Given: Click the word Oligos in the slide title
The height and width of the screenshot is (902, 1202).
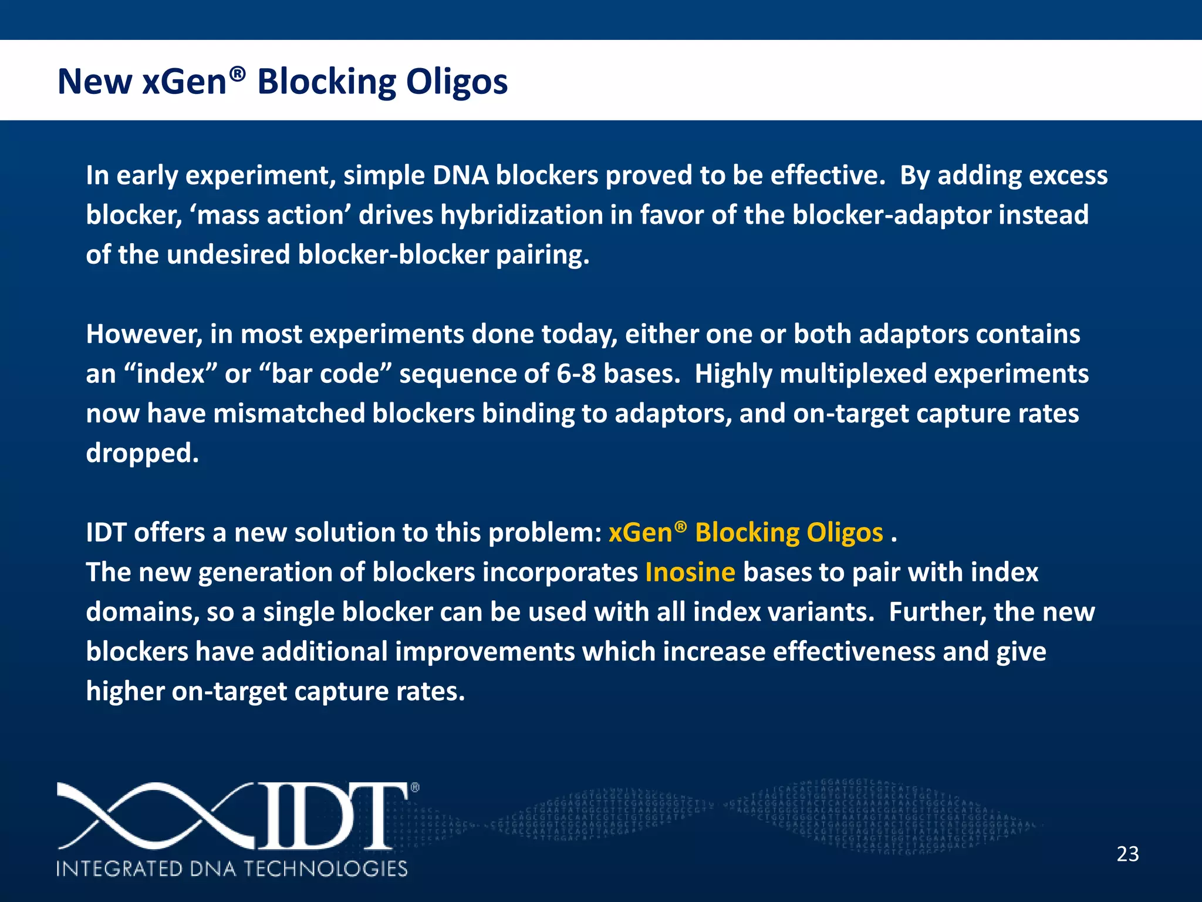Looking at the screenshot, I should (x=457, y=82).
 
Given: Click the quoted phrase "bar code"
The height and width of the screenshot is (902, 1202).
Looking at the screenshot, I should (x=332, y=374).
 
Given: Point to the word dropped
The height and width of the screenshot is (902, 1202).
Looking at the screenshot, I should (x=142, y=453).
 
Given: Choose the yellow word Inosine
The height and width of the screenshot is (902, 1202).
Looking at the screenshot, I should (x=690, y=573).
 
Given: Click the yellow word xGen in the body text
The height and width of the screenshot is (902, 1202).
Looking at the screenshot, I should (x=640, y=533).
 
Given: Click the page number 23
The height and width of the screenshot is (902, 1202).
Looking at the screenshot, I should (x=1127, y=854).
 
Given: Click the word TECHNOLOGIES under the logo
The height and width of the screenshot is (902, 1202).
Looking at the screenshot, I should (x=325, y=869).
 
